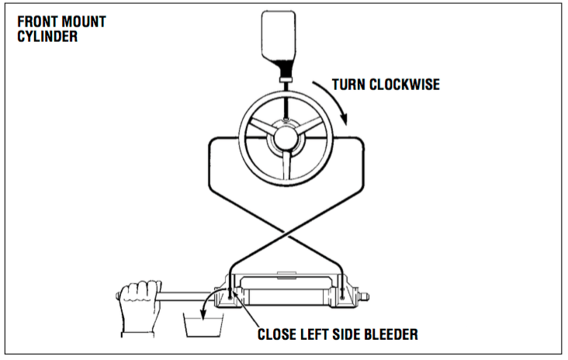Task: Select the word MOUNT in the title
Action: (x=84, y=22)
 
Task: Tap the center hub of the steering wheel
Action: (x=286, y=140)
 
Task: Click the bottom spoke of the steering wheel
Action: (x=286, y=166)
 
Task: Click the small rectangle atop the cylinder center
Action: (x=286, y=272)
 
